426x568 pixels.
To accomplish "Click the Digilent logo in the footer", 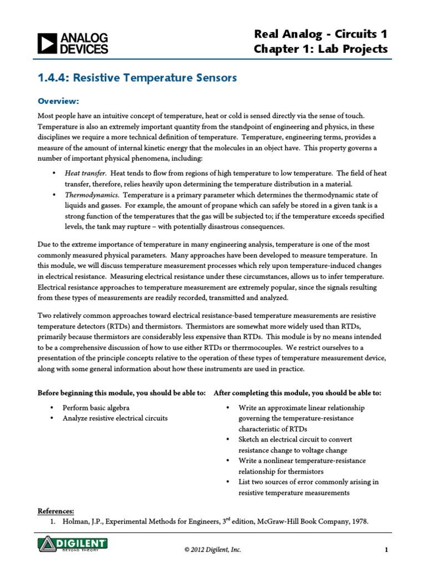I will pyautogui.click(x=73, y=544).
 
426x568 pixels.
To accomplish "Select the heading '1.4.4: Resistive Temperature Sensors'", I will pyautogui.click(x=136, y=78).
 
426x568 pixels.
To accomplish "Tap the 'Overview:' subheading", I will pyautogui.click(x=58, y=101).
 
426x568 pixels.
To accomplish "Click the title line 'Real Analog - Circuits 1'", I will pyautogui.click(x=321, y=34).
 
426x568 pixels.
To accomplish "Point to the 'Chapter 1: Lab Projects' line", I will pyautogui.click(x=321, y=49).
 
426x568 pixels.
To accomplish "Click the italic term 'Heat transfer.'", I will pyautogui.click(x=86, y=173).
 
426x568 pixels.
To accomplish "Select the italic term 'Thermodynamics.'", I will pyautogui.click(x=92, y=195).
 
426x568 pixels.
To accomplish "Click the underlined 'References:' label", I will pyautogui.click(x=55, y=511).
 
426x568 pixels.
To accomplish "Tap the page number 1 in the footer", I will pyautogui.click(x=385, y=550).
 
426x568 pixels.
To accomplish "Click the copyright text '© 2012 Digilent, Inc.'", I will pyautogui.click(x=212, y=550).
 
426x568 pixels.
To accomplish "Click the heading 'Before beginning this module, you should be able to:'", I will pyautogui.click(x=121, y=393).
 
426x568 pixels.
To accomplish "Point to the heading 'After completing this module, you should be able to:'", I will pyautogui.click(x=297, y=393).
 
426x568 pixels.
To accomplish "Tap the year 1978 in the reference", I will pyautogui.click(x=358, y=522).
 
